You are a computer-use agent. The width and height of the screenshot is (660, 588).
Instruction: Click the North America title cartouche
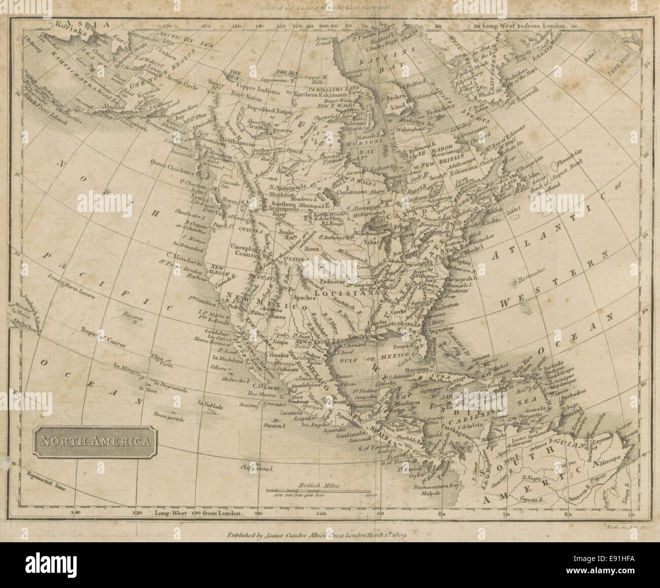pyautogui.click(x=95, y=441)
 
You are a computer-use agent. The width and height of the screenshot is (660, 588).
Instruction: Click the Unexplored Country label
pyautogui.click(x=248, y=254)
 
